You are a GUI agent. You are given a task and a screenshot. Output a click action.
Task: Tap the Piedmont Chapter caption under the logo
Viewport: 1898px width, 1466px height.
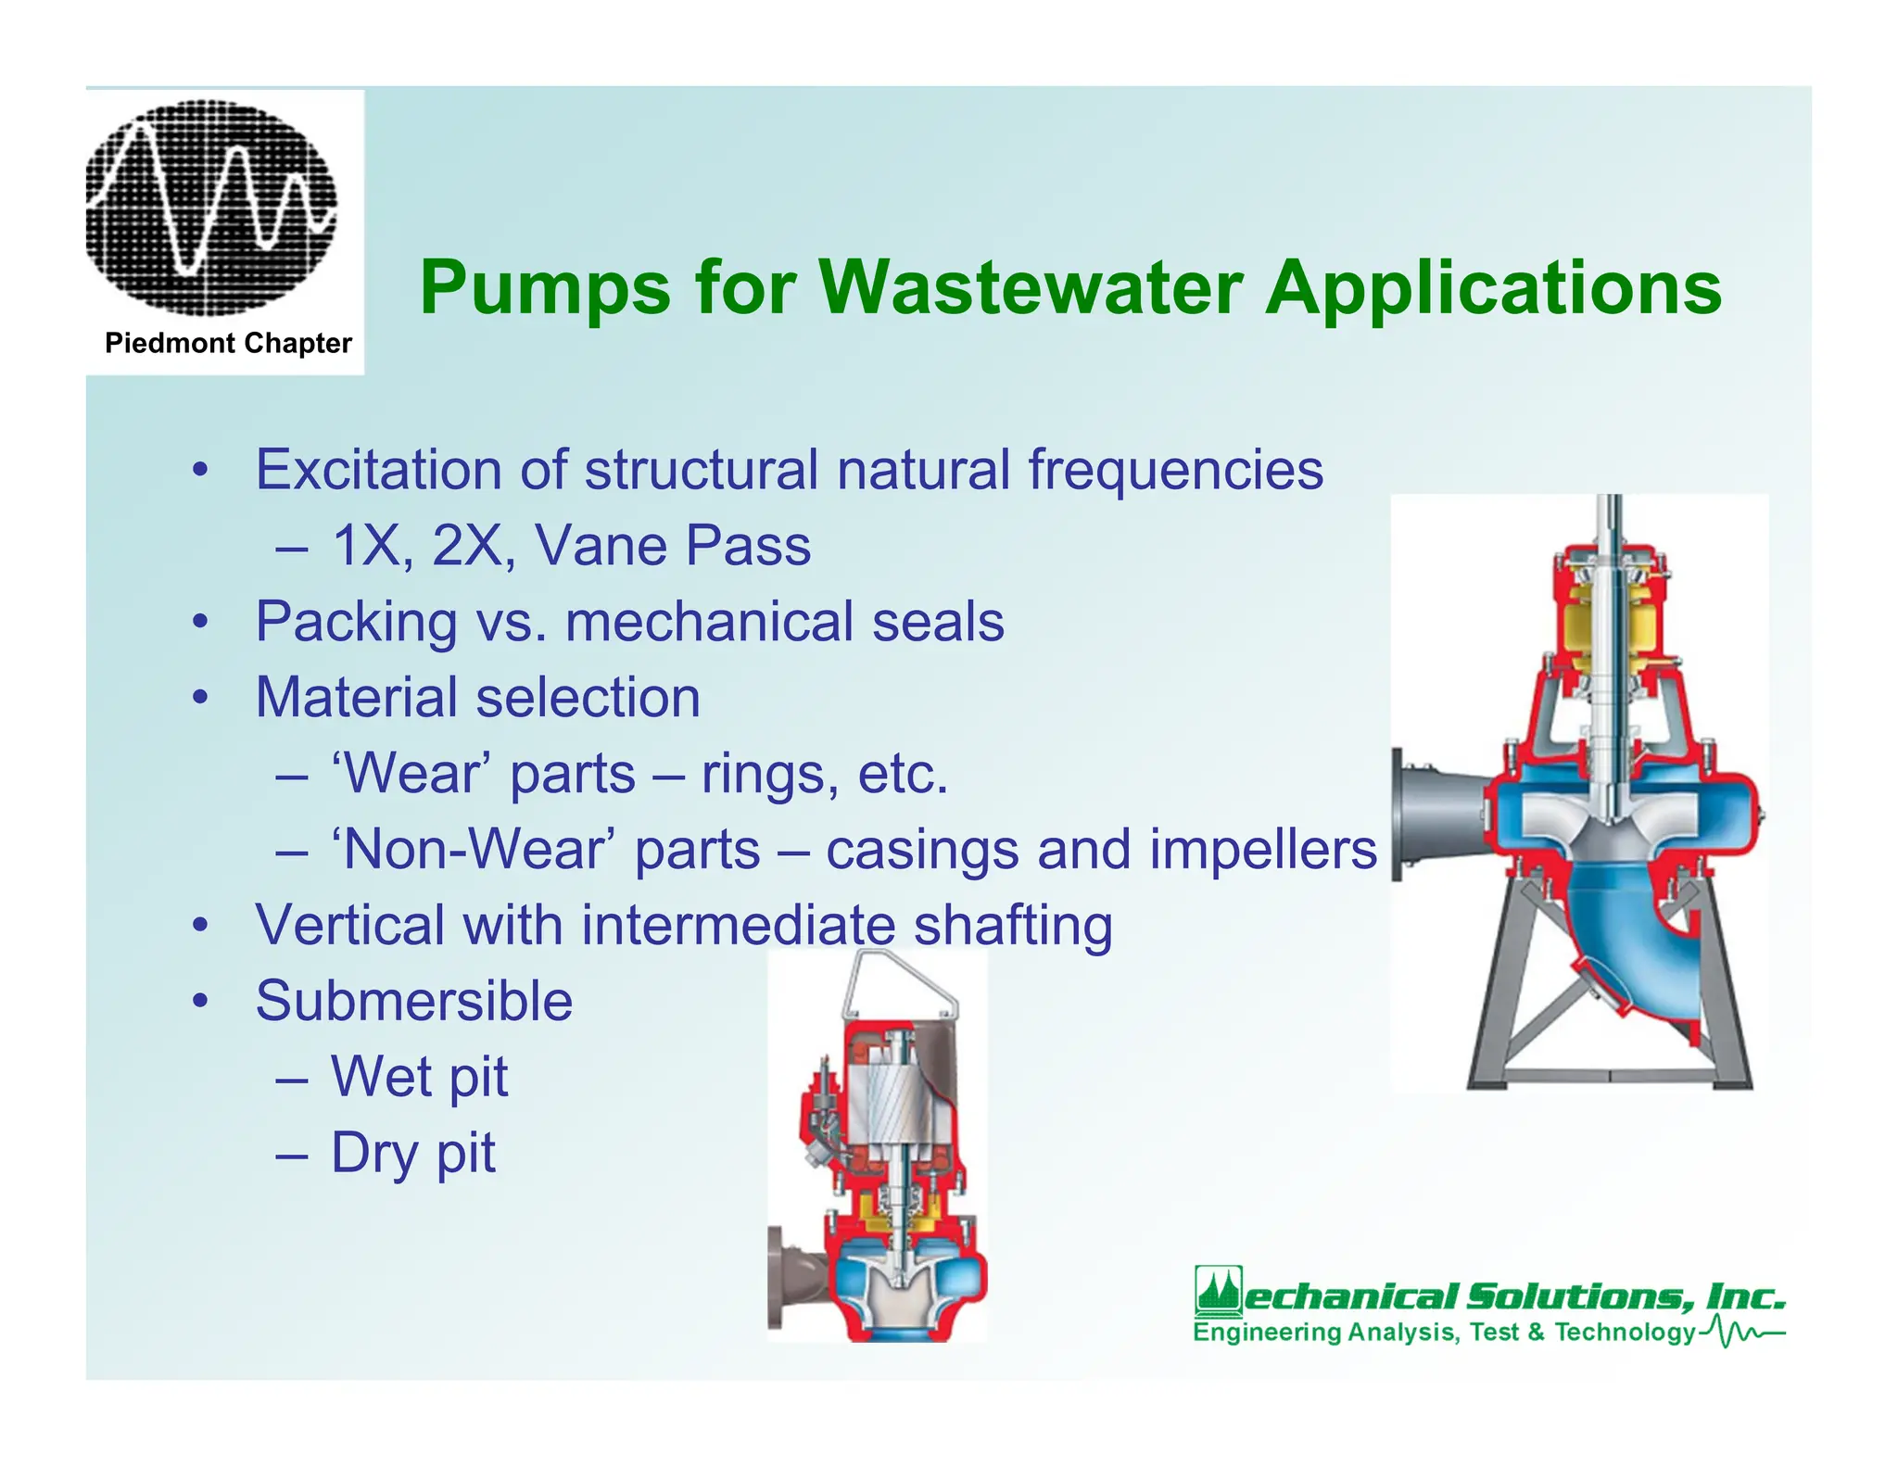pyautogui.click(x=228, y=343)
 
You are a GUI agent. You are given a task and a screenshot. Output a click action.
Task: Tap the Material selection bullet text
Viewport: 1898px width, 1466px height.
pyautogui.click(x=477, y=697)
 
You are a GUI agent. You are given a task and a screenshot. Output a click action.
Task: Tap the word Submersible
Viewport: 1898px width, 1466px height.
pyautogui.click(x=413, y=1001)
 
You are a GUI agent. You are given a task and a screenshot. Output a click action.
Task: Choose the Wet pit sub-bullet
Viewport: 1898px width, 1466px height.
pyautogui.click(x=419, y=1077)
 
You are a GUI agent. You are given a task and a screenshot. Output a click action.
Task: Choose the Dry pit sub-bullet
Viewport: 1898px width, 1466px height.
pyautogui.click(x=412, y=1153)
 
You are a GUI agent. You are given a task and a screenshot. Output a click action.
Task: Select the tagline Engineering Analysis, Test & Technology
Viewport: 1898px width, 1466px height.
pyautogui.click(x=1444, y=1333)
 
